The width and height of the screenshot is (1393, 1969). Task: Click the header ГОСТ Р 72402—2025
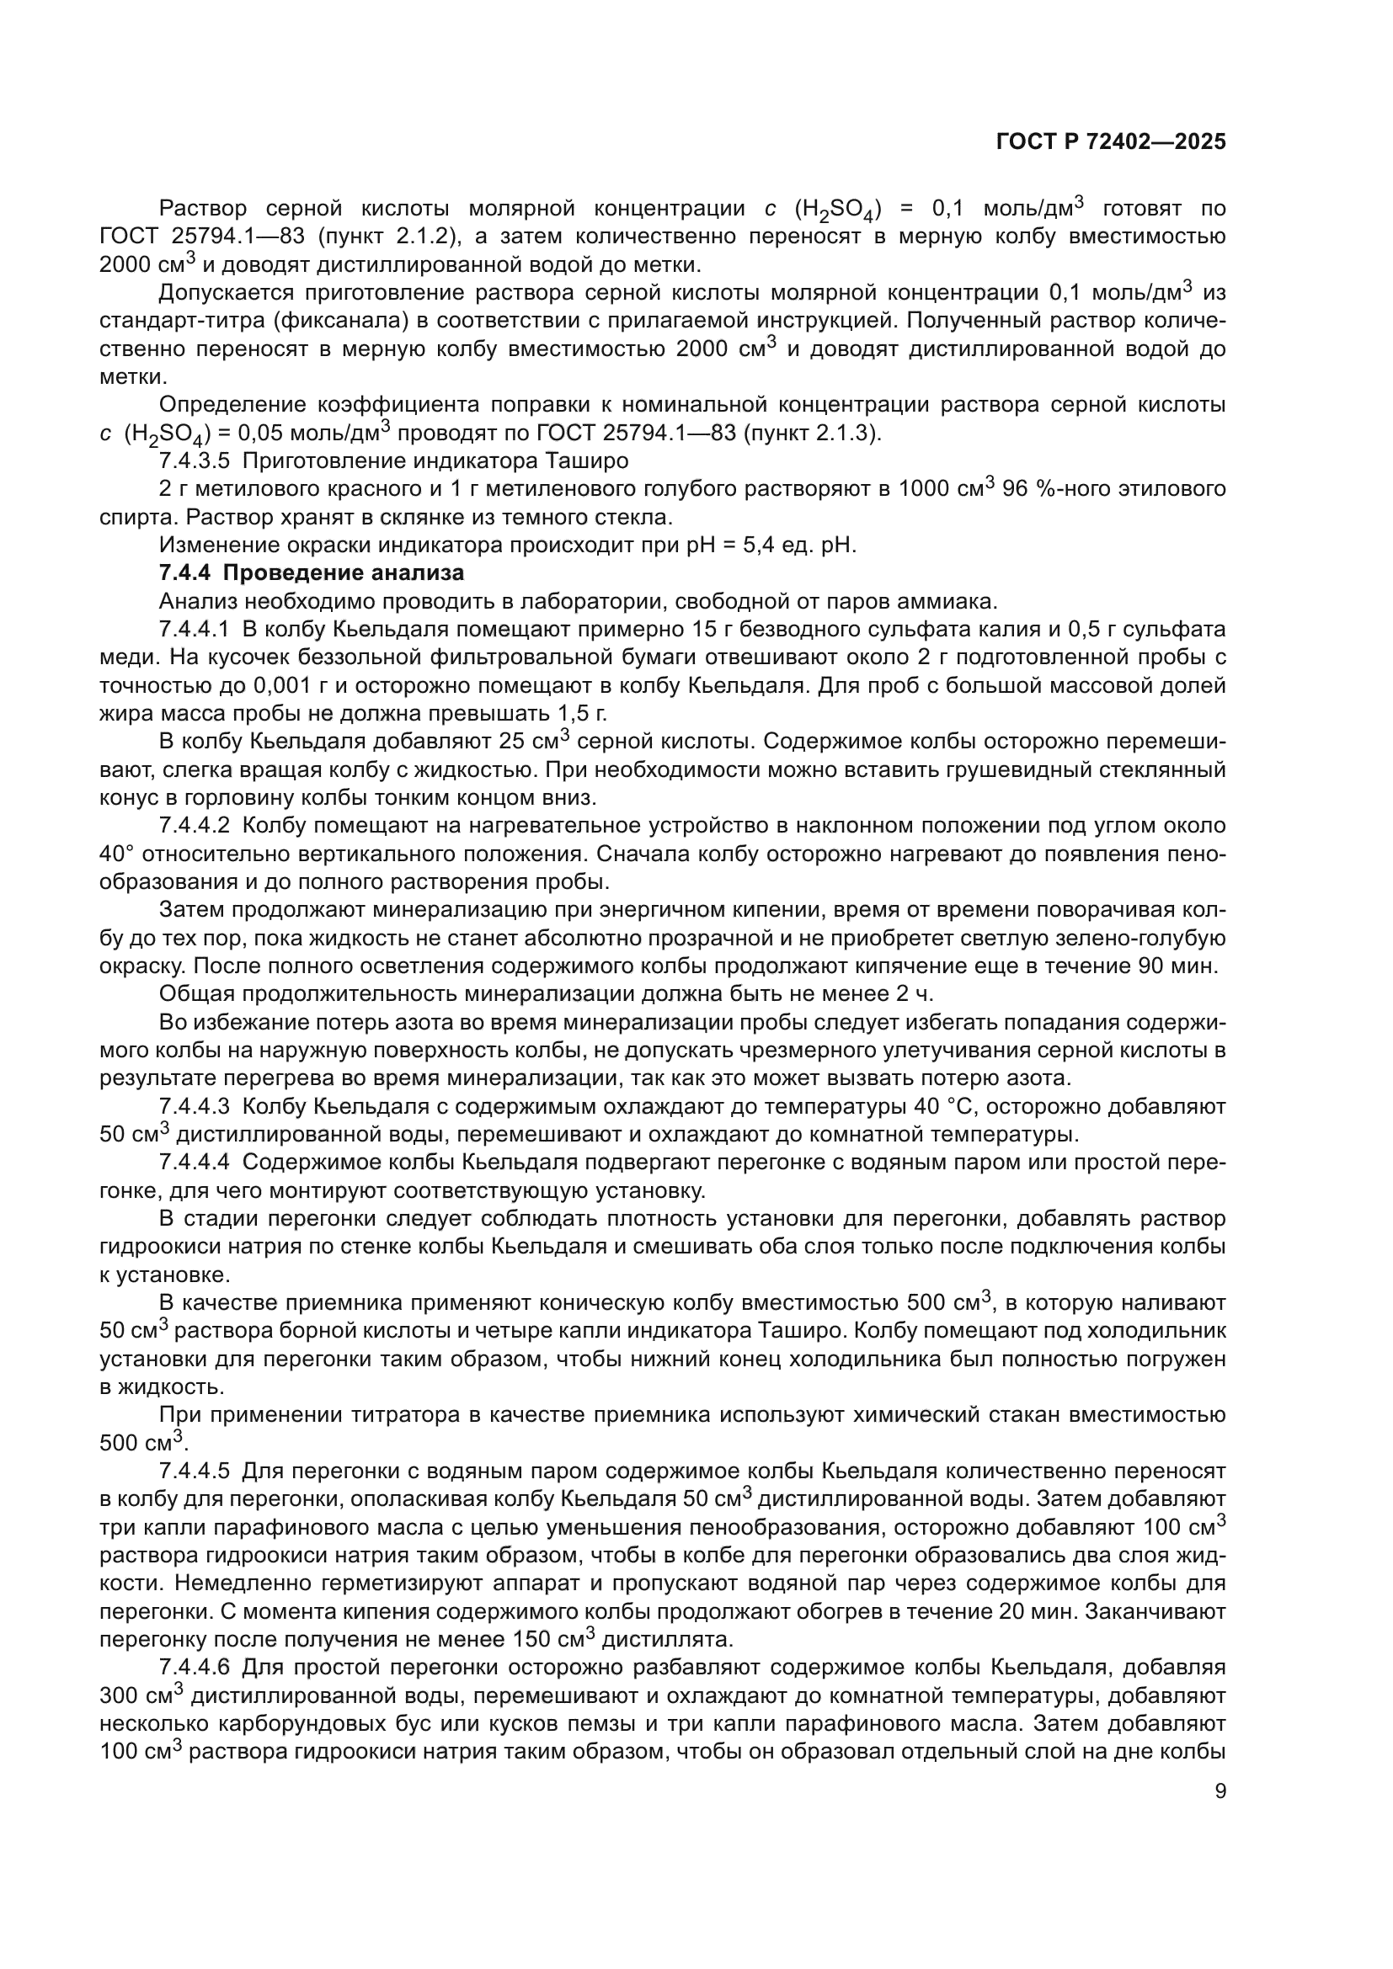tap(1111, 142)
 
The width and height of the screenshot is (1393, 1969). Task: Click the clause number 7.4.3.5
tap(195, 461)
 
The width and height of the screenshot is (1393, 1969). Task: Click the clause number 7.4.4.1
tap(195, 630)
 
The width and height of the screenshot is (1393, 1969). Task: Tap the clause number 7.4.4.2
tap(195, 826)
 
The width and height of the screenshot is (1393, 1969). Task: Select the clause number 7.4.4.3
tap(195, 1106)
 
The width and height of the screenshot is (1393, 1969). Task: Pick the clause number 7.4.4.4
tap(195, 1163)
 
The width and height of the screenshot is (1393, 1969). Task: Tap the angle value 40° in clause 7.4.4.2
tap(115, 854)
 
